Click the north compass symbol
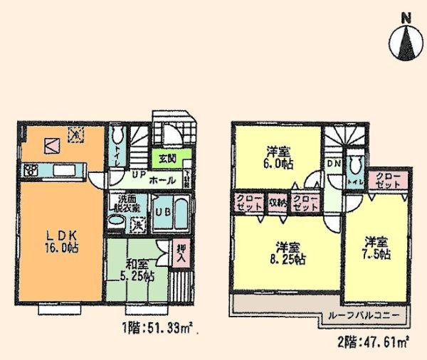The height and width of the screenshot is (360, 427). click(x=407, y=38)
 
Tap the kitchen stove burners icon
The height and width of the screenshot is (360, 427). click(x=31, y=169)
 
